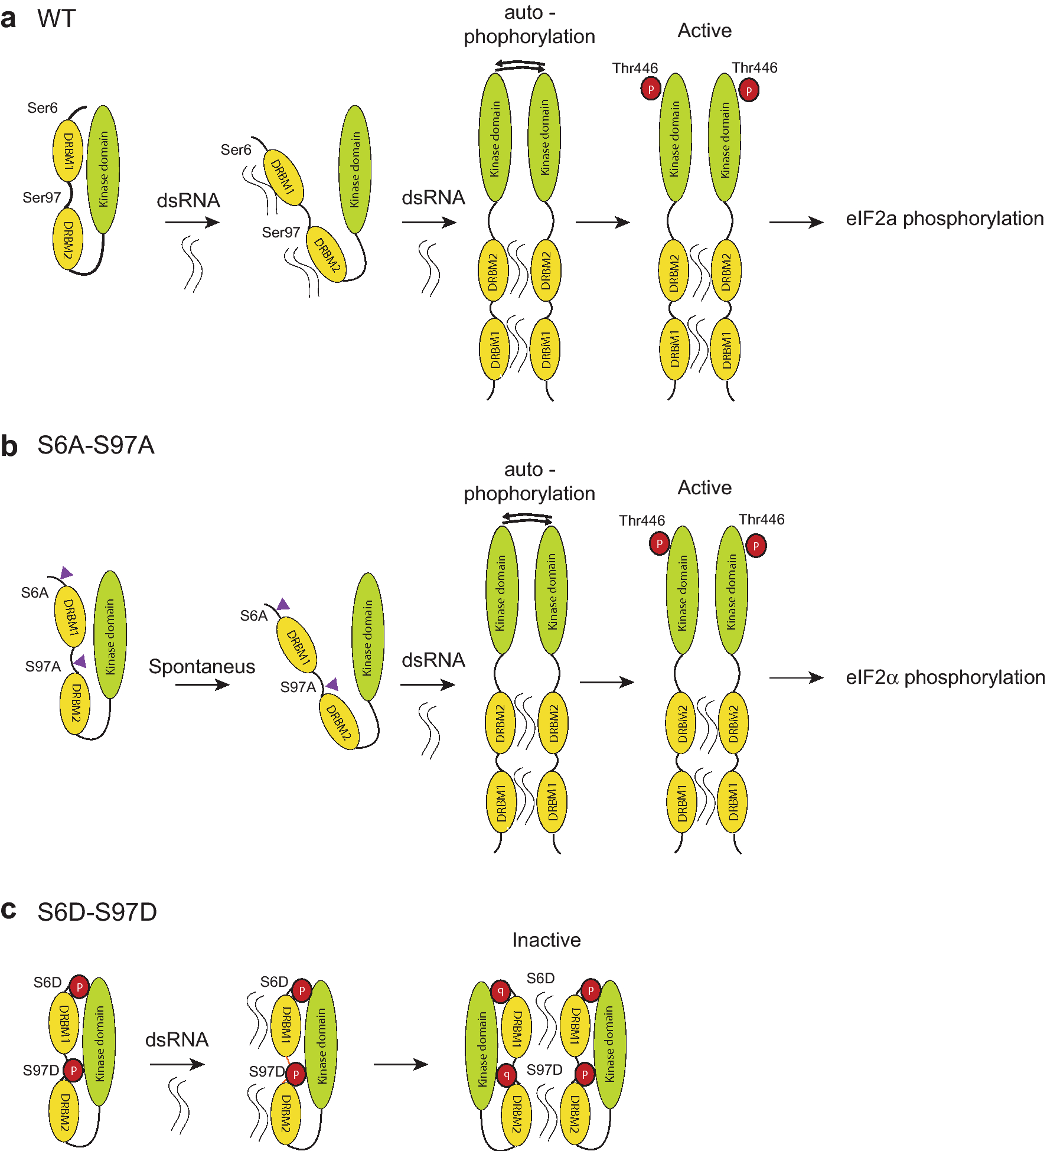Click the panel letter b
(9, 446)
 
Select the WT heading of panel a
(57, 19)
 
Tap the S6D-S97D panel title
(97, 912)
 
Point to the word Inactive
(546, 940)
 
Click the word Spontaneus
(202, 667)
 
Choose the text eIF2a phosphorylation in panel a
(945, 219)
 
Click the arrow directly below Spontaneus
(202, 685)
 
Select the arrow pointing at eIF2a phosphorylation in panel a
(796, 222)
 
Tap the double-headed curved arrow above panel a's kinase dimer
(520, 66)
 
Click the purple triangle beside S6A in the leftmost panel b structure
(66, 572)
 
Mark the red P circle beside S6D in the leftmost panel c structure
(79, 987)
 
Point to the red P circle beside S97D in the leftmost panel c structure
(73, 1070)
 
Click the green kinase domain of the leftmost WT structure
(103, 169)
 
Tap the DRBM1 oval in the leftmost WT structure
(68, 151)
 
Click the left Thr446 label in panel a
(635, 69)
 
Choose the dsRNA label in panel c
(177, 1039)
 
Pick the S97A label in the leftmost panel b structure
(43, 667)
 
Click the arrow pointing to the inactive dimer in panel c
(400, 1064)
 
